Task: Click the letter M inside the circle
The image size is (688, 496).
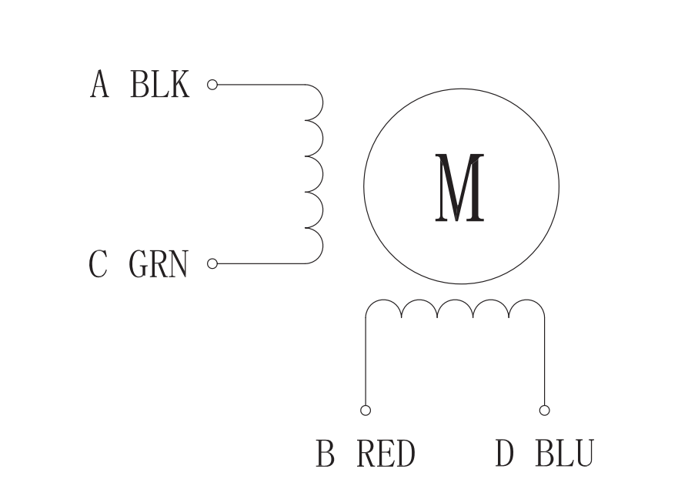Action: [460, 188]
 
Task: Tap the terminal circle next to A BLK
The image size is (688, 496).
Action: [212, 84]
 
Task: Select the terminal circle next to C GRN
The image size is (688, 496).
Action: [212, 264]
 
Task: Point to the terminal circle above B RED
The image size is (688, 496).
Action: [366, 410]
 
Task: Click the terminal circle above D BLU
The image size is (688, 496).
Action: [544, 410]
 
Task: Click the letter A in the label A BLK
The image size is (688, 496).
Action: [99, 84]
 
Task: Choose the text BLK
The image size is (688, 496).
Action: [159, 84]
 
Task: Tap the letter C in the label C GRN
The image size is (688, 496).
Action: [98, 264]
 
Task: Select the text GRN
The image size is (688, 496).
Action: [158, 264]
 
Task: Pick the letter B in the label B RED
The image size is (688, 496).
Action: [326, 454]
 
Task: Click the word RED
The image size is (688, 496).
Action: [386, 454]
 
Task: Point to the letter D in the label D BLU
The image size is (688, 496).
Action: [504, 454]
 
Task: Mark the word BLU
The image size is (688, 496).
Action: [564, 454]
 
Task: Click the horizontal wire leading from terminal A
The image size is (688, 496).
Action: [262, 84]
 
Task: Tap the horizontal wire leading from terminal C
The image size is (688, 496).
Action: [262, 264]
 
